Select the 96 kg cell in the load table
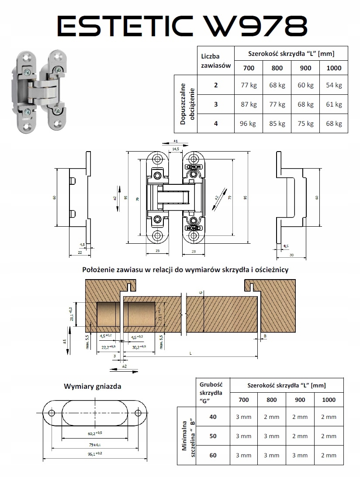(248, 124)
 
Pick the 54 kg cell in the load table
(334, 85)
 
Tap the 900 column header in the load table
(305, 68)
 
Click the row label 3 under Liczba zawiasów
(215, 104)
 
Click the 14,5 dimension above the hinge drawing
(175, 149)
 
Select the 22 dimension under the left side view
(80, 252)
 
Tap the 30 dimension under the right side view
(291, 254)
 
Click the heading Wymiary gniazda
(93, 386)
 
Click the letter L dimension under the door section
(191, 352)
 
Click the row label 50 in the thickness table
(213, 436)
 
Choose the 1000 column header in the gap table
(329, 400)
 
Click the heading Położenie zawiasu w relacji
(185, 270)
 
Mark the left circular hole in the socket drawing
(52, 413)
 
